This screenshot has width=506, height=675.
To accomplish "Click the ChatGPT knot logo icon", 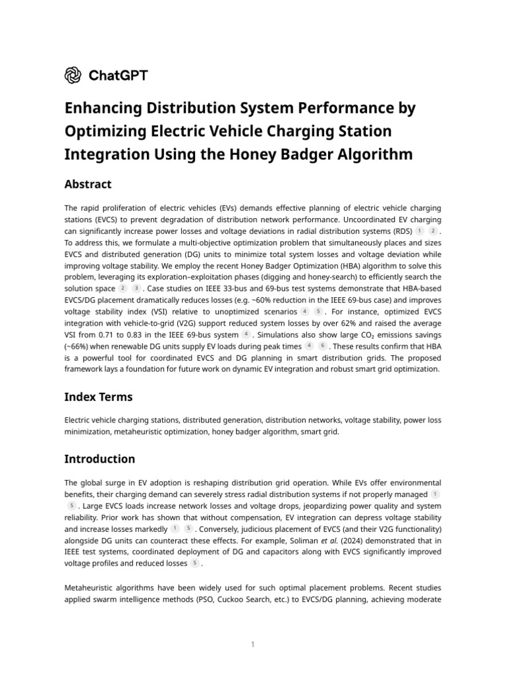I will (73, 75).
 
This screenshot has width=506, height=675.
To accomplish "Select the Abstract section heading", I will (88, 185).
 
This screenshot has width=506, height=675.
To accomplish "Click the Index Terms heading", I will (98, 397).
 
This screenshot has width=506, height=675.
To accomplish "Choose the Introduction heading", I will (99, 459).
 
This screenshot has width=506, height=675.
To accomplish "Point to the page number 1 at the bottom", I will (253, 644).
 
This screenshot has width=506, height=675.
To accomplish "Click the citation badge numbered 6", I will (323, 345).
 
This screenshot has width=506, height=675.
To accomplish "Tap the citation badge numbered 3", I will (136, 289).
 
